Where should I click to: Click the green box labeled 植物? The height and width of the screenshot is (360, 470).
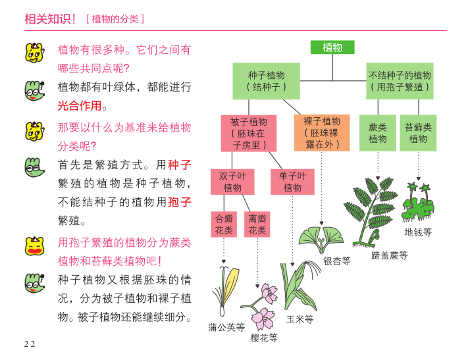point(332,47)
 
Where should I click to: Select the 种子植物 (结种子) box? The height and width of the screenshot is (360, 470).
point(266,81)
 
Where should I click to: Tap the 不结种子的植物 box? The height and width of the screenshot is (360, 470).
point(400,81)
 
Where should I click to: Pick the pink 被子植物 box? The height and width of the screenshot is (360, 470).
point(249,133)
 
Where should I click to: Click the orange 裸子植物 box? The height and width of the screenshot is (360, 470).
point(322,133)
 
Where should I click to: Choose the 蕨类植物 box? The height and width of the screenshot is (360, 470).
point(378,133)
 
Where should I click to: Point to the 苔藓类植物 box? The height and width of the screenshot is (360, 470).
point(418,133)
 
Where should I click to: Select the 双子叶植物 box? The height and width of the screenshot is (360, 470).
point(232,182)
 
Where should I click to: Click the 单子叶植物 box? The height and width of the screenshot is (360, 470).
point(292,182)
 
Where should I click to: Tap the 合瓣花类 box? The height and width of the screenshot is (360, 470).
point(224,224)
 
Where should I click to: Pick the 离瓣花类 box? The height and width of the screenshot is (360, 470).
point(257,224)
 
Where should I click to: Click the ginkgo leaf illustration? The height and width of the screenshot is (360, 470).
point(321,238)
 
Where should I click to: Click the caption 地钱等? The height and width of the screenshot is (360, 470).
point(418,232)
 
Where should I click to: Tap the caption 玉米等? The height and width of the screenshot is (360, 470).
point(300,320)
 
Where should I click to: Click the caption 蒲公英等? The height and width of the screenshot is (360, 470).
point(226,326)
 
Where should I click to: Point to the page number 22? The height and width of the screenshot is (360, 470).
point(30,344)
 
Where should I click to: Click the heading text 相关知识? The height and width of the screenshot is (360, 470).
point(51,19)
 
